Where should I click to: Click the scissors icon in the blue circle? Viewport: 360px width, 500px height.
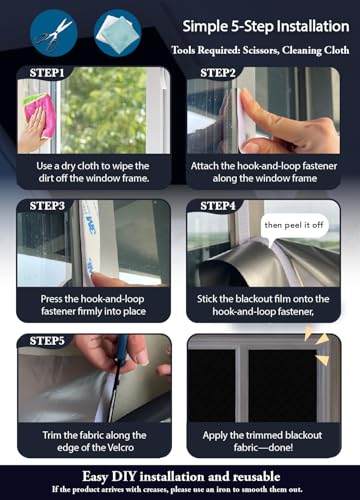[53, 33]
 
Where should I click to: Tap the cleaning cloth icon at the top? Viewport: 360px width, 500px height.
[117, 33]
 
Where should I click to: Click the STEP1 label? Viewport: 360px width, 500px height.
[47, 73]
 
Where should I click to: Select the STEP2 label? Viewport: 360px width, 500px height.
[218, 73]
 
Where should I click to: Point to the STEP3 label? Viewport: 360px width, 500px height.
[47, 206]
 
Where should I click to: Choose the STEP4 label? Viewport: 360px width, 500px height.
[218, 206]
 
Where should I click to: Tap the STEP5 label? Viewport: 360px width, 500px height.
[47, 341]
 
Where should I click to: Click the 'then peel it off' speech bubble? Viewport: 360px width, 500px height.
[294, 226]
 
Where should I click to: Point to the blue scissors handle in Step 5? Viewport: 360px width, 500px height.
[122, 347]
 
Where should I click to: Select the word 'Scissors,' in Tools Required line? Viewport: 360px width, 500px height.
[260, 50]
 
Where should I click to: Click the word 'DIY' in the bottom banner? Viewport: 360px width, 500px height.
[124, 477]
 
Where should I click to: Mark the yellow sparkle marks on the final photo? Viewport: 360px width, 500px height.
[317, 347]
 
